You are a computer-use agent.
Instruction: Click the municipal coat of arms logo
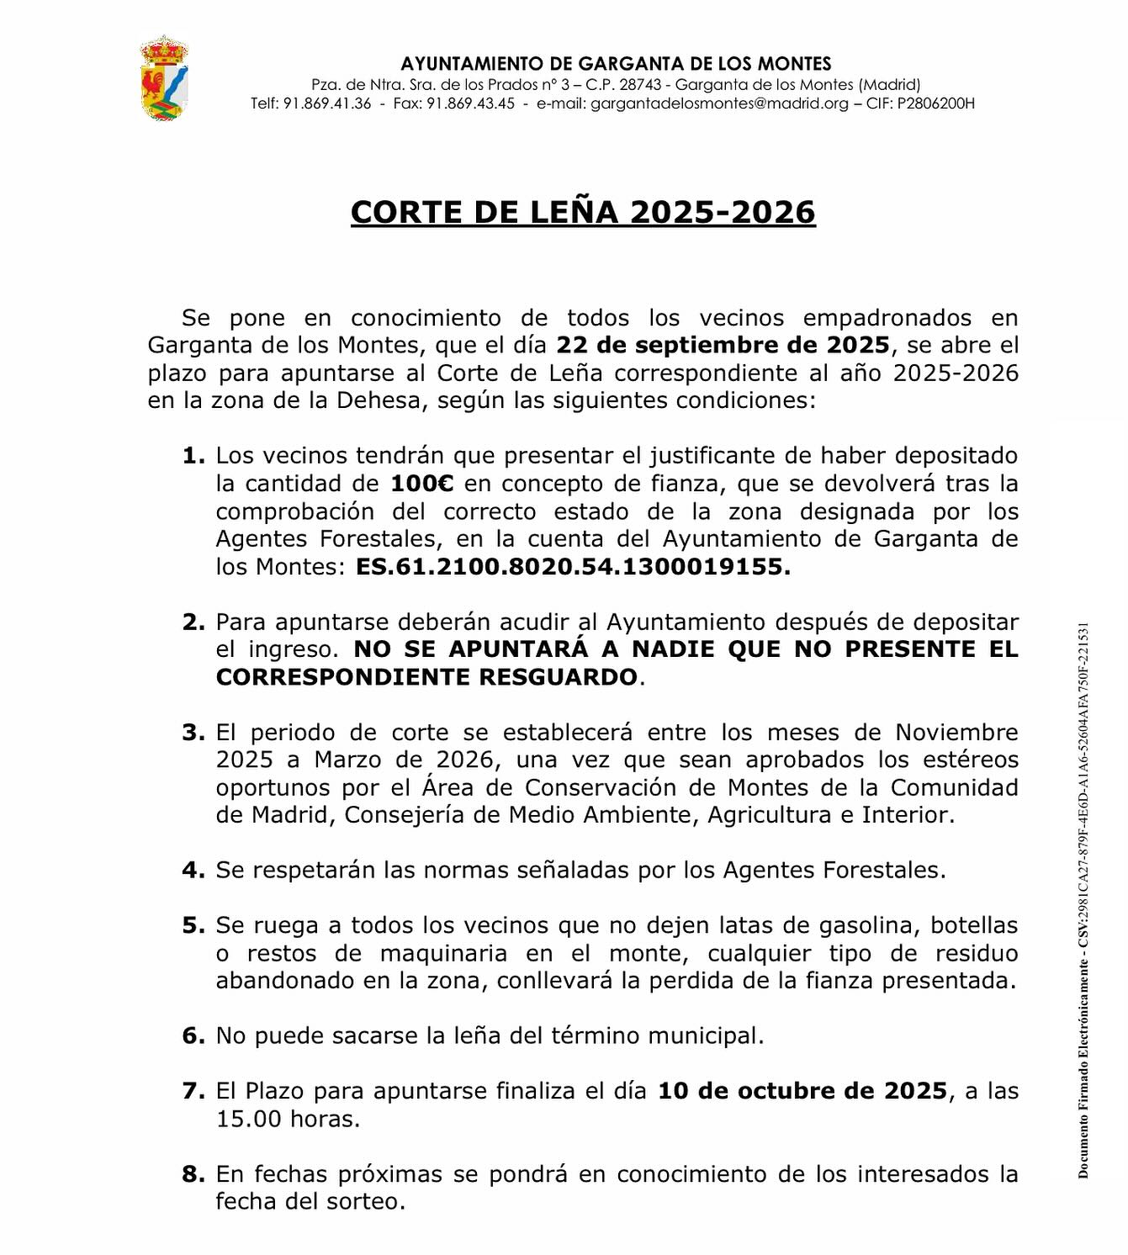pos(163,79)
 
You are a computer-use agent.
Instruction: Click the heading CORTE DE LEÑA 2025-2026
pos(583,212)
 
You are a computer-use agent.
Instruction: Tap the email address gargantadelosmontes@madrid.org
pos(719,103)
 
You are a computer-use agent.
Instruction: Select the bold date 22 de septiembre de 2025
pos(723,345)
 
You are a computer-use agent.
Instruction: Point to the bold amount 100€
pos(422,484)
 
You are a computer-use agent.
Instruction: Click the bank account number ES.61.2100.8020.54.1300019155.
pos(573,567)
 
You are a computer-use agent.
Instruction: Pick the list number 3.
pos(193,733)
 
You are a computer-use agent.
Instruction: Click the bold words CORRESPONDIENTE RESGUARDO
pos(426,677)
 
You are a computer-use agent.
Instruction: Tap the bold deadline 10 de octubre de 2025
pos(802,1091)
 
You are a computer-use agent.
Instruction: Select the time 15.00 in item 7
pos(249,1119)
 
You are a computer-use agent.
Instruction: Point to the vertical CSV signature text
pos(1083,899)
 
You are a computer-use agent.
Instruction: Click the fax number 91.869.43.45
pos(470,103)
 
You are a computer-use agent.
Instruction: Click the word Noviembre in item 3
pos(956,733)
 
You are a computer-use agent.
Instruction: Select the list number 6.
pos(193,1036)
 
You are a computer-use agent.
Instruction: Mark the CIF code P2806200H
pos(935,103)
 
